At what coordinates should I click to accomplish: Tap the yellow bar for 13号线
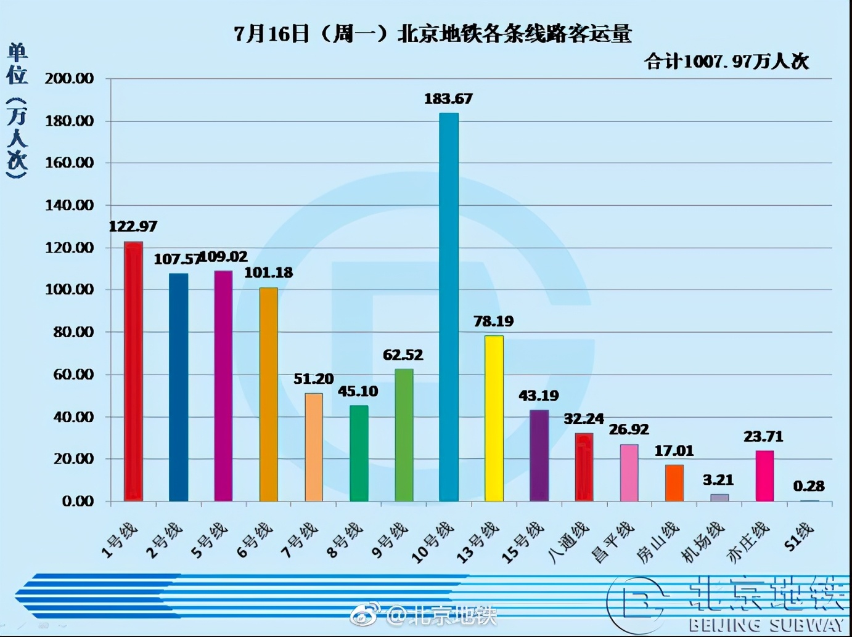[494, 418]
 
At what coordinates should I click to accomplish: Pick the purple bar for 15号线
[539, 455]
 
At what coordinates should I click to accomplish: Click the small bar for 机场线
[719, 498]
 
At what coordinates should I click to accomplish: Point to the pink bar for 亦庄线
[764, 476]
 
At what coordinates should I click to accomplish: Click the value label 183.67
[448, 99]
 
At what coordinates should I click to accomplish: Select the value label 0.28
[809, 486]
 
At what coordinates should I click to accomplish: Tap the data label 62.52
[403, 355]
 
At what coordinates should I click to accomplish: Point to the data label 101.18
[269, 272]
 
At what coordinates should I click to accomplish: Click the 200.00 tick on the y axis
[69, 79]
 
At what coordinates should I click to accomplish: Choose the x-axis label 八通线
[568, 542]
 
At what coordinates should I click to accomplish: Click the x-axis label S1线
[799, 536]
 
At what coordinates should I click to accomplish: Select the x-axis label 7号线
[300, 540]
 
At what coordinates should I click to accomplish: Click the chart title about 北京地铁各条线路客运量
[433, 33]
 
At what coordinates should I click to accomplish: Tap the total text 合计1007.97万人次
[726, 61]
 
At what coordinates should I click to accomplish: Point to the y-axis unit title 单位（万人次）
[17, 111]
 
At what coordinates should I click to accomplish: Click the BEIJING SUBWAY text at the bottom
[766, 625]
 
